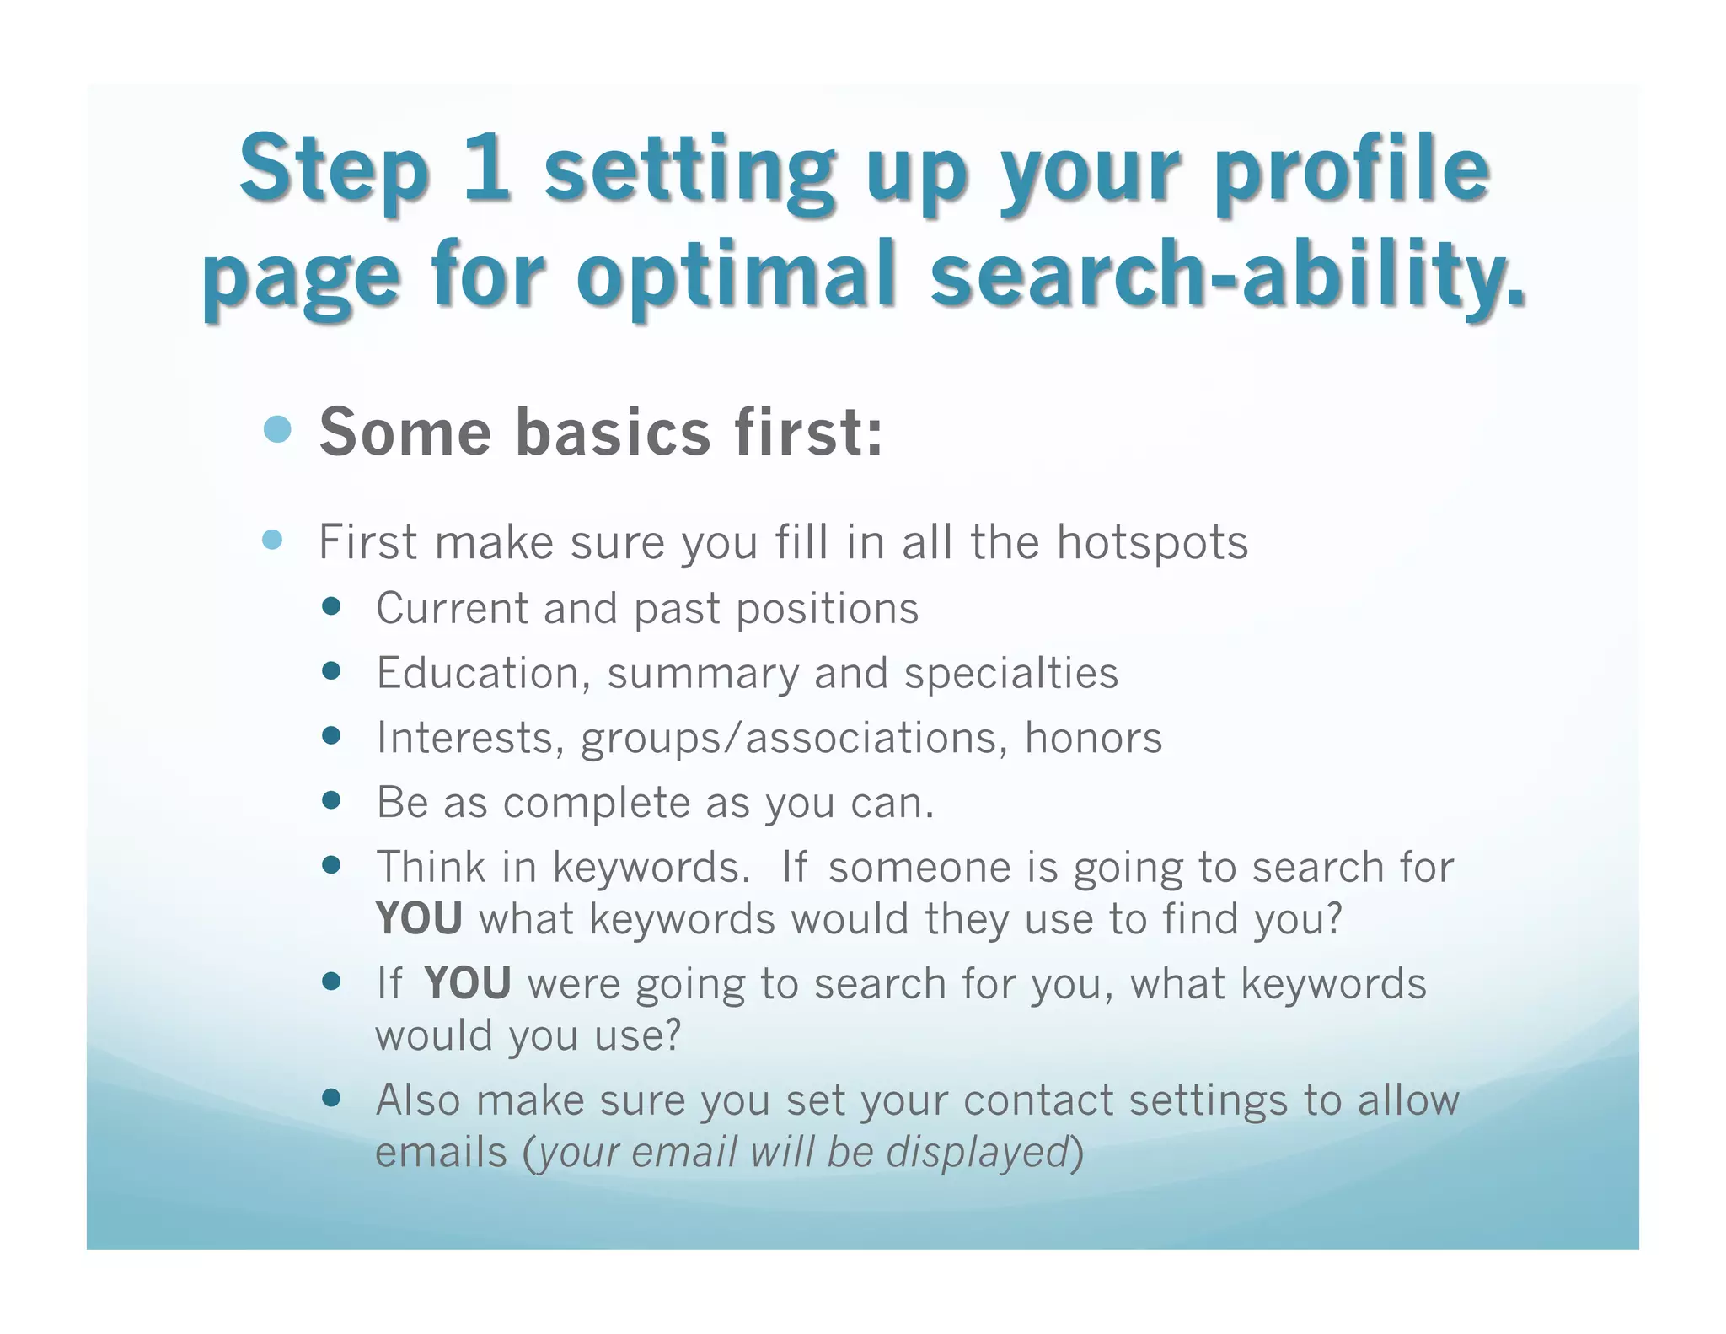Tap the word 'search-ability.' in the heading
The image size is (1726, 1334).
coord(1228,274)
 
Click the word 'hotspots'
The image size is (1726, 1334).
coord(1152,542)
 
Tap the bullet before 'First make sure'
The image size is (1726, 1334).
coord(272,540)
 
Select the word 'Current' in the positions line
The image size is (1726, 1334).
coord(452,608)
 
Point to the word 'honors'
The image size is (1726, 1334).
coord(1093,737)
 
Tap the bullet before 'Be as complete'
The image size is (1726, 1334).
coord(331,800)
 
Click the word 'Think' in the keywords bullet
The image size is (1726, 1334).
coord(431,867)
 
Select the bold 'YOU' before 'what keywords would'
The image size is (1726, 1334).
coord(419,918)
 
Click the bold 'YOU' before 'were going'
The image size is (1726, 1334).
coord(467,983)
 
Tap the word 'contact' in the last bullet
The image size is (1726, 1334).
coord(1037,1100)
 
